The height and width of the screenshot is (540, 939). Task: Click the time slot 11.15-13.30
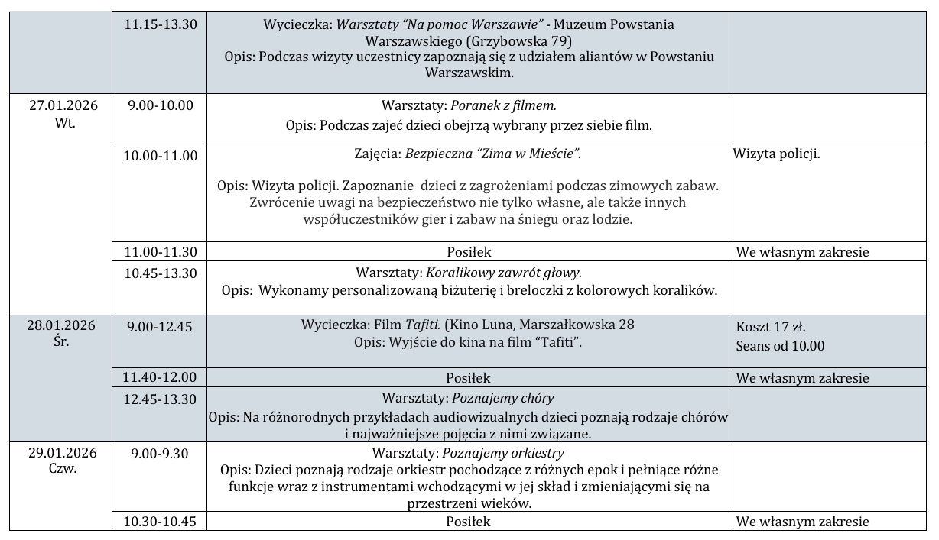click(x=161, y=24)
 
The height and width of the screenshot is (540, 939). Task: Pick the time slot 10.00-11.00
click(x=161, y=156)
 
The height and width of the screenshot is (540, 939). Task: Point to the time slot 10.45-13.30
click(x=161, y=271)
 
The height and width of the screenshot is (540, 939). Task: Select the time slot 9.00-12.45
click(x=161, y=325)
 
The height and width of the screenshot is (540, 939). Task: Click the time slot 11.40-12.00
click(x=161, y=377)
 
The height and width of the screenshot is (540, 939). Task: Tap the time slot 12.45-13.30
click(x=161, y=398)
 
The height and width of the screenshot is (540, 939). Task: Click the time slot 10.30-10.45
click(x=161, y=522)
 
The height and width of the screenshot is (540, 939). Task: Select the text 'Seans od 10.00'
click(x=780, y=345)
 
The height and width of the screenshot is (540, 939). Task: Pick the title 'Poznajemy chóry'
click(x=503, y=398)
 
